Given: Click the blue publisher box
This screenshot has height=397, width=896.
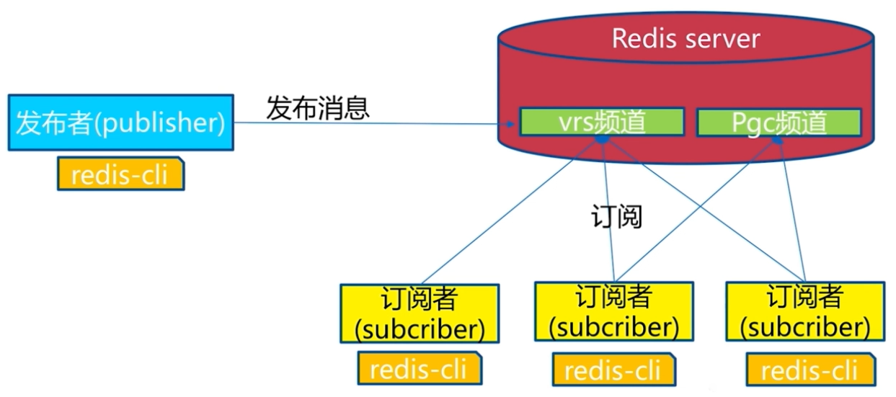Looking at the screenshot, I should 120,122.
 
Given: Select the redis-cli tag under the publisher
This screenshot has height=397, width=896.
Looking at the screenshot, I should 120,174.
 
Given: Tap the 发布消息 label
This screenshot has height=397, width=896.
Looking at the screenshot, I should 318,108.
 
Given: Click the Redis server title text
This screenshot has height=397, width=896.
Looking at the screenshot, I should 686,38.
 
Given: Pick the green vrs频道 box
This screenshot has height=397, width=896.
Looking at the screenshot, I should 600,122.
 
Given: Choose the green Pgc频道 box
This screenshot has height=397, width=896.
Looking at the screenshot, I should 779,123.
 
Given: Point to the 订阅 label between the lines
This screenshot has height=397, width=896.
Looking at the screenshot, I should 616,217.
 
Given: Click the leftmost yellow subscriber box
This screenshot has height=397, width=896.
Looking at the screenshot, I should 419,313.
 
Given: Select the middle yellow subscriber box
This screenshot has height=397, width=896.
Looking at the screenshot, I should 613,311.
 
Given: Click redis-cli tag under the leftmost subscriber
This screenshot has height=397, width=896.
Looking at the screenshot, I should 419,370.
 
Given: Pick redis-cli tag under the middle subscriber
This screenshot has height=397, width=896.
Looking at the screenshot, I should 613,370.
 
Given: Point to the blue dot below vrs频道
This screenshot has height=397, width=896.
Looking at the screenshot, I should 599,138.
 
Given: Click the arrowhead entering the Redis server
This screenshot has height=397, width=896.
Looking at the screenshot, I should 511,124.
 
